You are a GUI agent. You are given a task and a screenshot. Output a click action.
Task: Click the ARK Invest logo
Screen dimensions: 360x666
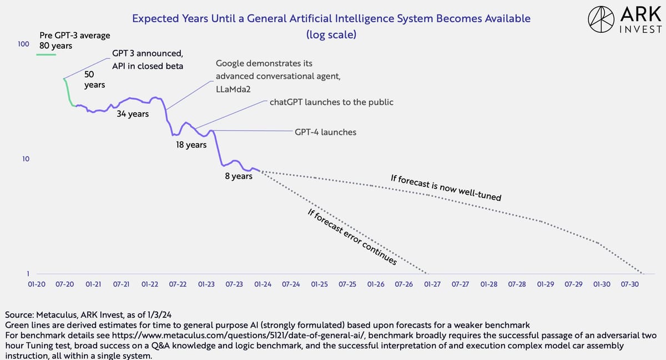pyautogui.click(x=624, y=21)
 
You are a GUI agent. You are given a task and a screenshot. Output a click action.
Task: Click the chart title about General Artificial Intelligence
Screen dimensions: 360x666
pyautogui.click(x=331, y=18)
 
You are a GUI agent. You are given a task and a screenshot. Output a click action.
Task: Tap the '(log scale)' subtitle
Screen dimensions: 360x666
pyautogui.click(x=331, y=34)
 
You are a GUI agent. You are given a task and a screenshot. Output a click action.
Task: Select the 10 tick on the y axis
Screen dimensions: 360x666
pyautogui.click(x=26, y=159)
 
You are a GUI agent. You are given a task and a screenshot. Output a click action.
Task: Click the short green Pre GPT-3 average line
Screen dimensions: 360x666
pyautogui.click(x=46, y=54)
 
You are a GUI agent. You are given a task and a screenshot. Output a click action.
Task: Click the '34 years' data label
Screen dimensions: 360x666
pyautogui.click(x=133, y=114)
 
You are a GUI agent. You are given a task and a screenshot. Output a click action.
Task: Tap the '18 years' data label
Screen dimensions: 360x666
pyautogui.click(x=191, y=145)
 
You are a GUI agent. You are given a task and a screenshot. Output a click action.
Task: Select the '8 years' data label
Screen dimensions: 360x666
pyautogui.click(x=238, y=176)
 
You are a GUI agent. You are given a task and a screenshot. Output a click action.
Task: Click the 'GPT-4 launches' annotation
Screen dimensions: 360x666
pyautogui.click(x=326, y=132)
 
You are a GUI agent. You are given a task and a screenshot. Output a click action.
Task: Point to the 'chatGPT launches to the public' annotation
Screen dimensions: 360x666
pyautogui.click(x=331, y=102)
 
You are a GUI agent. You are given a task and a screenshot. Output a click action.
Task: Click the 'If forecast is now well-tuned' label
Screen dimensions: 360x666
pyautogui.click(x=446, y=187)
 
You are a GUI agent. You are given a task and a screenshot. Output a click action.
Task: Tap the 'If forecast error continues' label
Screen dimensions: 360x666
pyautogui.click(x=351, y=237)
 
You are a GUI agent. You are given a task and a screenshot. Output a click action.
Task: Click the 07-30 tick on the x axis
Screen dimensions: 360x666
pyautogui.click(x=630, y=284)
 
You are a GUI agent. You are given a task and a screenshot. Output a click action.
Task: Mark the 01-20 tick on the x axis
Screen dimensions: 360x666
pyautogui.click(x=37, y=284)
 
